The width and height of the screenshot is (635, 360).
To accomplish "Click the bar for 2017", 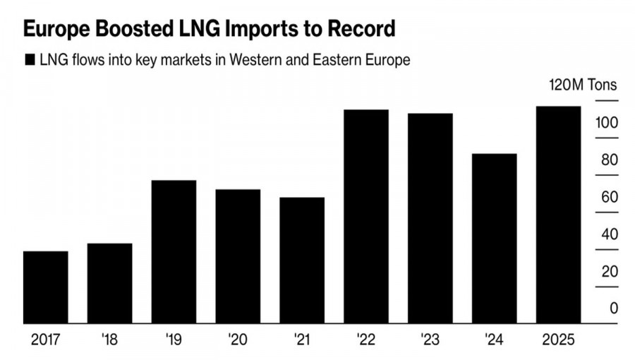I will [x=46, y=287].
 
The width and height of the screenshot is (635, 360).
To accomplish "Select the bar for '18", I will [x=109, y=283].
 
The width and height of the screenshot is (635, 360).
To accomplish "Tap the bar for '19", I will [x=174, y=252].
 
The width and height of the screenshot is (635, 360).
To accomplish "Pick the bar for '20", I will [x=238, y=256].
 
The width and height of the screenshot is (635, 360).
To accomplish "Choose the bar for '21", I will [x=302, y=260].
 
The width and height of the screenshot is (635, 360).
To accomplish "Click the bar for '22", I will [x=365, y=217].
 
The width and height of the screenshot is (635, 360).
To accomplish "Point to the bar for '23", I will [x=430, y=218].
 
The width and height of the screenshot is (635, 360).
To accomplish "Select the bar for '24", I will [x=494, y=239].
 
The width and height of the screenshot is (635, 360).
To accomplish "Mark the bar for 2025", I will [x=558, y=215].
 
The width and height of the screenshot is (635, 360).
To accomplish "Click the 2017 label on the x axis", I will [x=46, y=340].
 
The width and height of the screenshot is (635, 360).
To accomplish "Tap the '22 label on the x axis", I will [x=365, y=340].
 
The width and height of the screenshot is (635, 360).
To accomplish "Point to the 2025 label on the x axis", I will [x=558, y=340].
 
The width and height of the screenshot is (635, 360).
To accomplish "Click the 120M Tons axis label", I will [x=583, y=85].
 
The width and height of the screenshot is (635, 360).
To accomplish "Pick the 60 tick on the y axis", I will [x=609, y=197].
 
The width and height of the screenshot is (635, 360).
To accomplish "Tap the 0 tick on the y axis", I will [x=614, y=308].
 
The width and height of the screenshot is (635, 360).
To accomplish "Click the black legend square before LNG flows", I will [x=30, y=60].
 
